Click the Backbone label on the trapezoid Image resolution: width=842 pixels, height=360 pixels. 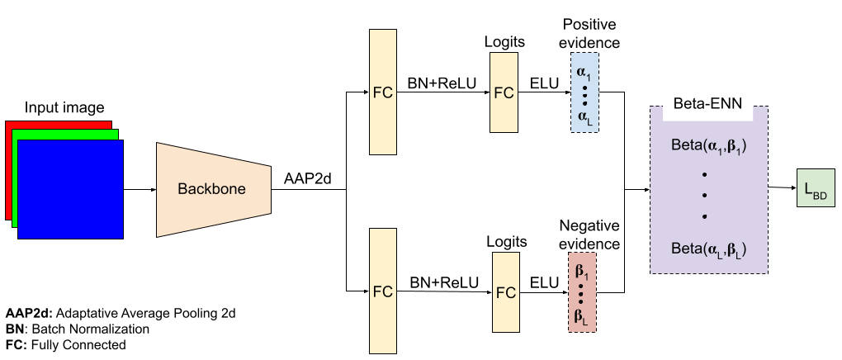[x=211, y=189]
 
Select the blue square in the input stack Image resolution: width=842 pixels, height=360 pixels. [x=70, y=189]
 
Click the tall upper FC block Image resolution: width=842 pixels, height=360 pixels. [x=383, y=92]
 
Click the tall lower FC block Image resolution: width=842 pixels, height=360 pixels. [x=383, y=291]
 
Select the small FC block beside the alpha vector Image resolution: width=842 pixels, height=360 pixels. [x=504, y=92]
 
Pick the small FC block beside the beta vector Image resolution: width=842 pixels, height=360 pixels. [x=506, y=292]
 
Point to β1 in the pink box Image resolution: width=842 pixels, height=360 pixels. [x=582, y=271]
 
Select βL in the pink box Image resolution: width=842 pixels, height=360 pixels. [x=582, y=315]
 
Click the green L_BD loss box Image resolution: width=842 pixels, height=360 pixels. [x=816, y=188]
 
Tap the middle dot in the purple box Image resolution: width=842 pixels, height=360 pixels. [x=705, y=196]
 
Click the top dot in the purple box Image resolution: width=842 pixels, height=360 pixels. [x=705, y=174]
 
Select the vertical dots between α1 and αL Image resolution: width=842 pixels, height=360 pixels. [x=584, y=94]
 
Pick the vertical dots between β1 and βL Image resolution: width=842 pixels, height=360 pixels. [x=582, y=293]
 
